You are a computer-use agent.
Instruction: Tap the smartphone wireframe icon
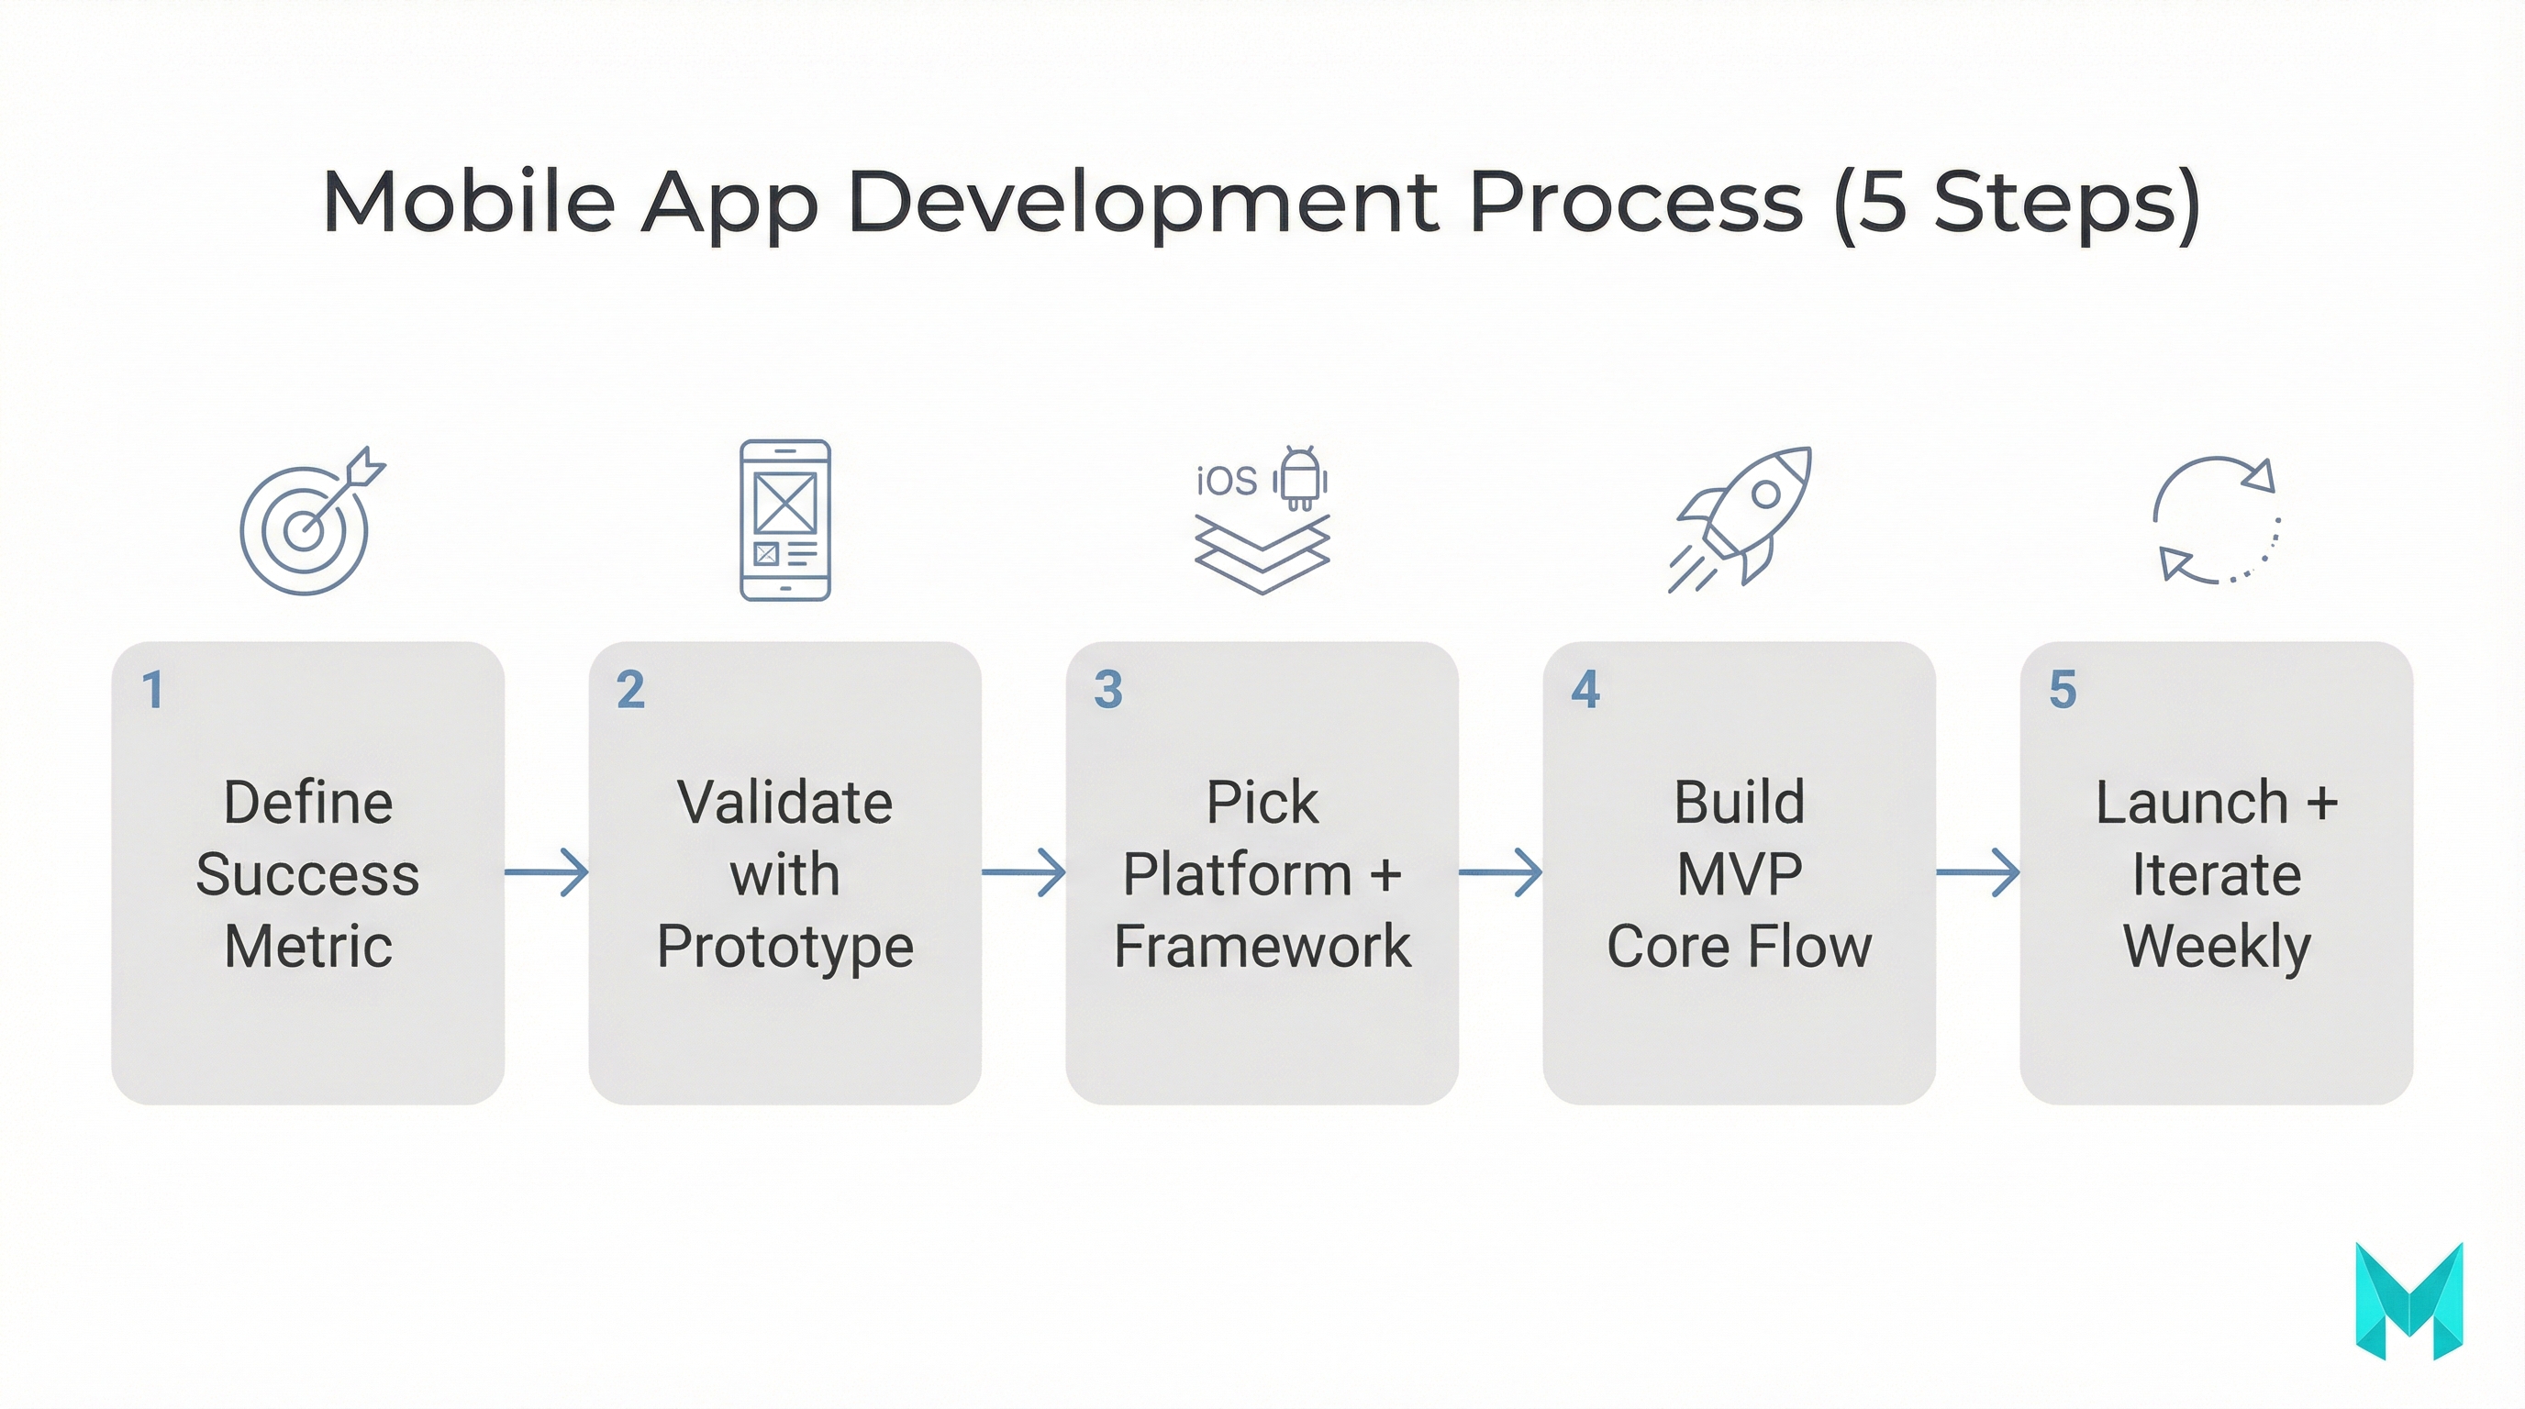point(784,519)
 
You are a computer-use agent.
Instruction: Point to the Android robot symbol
point(1300,478)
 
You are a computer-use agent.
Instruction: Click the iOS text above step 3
point(1226,481)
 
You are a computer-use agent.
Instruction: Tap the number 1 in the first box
point(152,690)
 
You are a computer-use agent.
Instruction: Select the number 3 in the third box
point(1107,690)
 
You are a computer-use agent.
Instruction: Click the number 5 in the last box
point(2063,690)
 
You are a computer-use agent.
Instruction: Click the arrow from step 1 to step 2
point(547,872)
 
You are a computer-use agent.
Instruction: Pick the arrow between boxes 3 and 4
point(1501,872)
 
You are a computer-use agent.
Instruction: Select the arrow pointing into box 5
point(1978,872)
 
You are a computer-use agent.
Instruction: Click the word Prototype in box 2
point(785,947)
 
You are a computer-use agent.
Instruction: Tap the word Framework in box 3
point(1262,947)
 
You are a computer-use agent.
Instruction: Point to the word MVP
point(1739,874)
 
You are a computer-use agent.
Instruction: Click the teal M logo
point(2408,1302)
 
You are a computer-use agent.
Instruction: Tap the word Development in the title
point(1144,202)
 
